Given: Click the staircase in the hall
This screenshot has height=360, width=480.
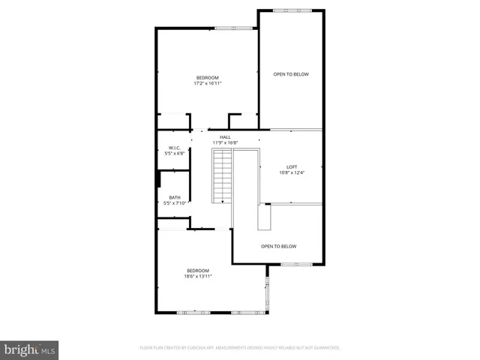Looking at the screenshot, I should (x=222, y=175).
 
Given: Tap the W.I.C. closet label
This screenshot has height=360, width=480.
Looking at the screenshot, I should (x=175, y=148).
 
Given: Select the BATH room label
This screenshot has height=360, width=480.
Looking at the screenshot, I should (x=175, y=197).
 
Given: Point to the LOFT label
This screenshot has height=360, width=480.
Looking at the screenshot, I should (x=292, y=167).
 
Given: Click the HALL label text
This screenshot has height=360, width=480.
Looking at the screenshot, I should (x=225, y=137).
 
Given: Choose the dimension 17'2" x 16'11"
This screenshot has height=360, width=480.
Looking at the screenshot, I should (x=207, y=84).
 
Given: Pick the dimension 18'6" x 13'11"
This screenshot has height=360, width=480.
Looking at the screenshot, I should (x=198, y=276).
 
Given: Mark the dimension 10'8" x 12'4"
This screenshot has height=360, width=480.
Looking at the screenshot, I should (x=292, y=173).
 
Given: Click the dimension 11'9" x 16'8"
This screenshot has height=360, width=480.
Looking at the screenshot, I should (x=225, y=142).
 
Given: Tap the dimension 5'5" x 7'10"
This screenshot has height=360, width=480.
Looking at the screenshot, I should (x=175, y=202).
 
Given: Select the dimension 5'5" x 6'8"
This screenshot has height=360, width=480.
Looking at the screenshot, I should (x=175, y=153).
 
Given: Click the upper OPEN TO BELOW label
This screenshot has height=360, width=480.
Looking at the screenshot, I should (x=291, y=74).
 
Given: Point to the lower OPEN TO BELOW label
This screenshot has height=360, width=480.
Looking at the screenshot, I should (x=278, y=246).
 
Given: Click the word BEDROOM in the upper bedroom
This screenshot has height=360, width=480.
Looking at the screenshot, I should (x=207, y=78).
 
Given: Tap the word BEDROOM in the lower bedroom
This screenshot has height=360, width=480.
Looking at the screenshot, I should (x=198, y=270).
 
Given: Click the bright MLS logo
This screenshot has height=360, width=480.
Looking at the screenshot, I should (x=30, y=349).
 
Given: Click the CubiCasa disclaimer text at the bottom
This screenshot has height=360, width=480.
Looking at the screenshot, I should (x=240, y=348).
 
